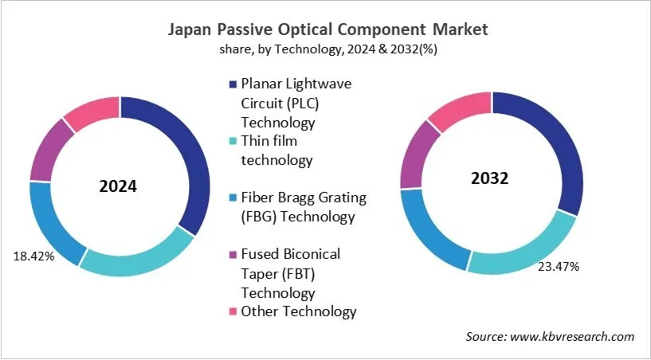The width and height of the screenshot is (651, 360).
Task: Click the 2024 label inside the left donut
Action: [x=118, y=187]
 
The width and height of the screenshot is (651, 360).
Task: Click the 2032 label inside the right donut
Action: [x=489, y=179]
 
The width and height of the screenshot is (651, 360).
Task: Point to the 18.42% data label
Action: [x=33, y=256]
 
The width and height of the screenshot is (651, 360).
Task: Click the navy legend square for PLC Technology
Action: [x=233, y=84]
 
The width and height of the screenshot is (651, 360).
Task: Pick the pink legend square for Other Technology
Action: [x=233, y=311]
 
